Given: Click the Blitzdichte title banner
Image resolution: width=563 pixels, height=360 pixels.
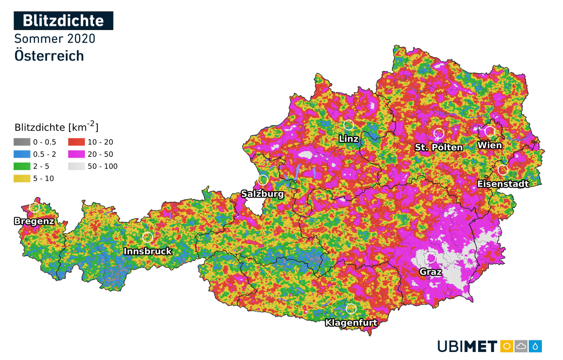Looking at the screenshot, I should (x=63, y=21).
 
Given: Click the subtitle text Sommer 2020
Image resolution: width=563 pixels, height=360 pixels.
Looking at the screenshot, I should (x=55, y=38).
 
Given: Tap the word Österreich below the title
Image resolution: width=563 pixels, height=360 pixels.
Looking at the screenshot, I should (x=49, y=55).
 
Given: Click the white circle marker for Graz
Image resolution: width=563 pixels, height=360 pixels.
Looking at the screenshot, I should (x=431, y=258).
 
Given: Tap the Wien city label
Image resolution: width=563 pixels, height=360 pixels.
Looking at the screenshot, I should (x=489, y=146).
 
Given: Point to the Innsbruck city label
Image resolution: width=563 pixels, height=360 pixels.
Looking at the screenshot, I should (x=148, y=252).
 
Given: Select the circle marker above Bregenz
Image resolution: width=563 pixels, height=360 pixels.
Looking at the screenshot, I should (x=34, y=207).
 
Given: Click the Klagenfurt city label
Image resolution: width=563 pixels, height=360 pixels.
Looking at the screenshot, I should (x=351, y=323).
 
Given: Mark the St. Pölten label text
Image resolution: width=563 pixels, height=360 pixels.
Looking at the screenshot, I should (x=439, y=147).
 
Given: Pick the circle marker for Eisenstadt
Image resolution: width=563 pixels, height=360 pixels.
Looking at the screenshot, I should (x=503, y=169).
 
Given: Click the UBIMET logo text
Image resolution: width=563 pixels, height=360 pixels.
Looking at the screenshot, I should (x=467, y=346).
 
